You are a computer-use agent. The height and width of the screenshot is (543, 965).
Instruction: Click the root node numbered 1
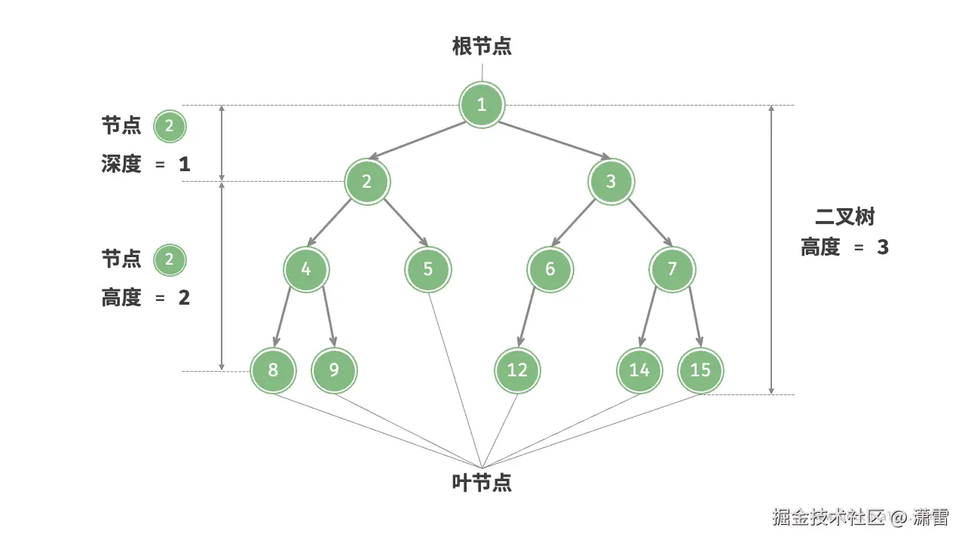[x=482, y=104]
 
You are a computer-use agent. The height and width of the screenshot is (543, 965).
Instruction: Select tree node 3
[x=611, y=181]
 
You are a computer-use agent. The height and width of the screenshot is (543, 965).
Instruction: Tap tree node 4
[x=306, y=268]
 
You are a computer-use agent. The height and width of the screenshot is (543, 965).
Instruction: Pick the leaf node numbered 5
[x=427, y=268]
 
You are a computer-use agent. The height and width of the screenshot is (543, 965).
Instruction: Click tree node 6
[x=550, y=268]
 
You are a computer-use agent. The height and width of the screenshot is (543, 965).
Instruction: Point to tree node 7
[x=672, y=268]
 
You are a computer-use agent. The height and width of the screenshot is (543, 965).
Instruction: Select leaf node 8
[x=273, y=370]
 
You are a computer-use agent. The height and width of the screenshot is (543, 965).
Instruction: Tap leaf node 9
[x=334, y=370]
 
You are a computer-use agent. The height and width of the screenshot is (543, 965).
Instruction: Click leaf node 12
[x=517, y=370]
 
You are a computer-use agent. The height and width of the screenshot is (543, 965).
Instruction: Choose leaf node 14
[x=639, y=370]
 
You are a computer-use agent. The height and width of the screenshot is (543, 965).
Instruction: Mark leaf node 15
[x=700, y=370]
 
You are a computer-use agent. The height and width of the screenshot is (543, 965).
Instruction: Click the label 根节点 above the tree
[x=482, y=47]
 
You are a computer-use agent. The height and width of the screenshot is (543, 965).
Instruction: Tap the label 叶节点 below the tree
[x=482, y=483]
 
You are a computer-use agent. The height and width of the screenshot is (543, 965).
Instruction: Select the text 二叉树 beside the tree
[x=845, y=217]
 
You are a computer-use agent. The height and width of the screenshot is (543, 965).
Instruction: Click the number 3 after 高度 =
[x=883, y=247]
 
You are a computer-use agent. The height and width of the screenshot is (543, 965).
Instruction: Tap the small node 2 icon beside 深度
[x=169, y=126]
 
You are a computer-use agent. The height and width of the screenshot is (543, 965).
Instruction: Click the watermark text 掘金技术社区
[x=828, y=517]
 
